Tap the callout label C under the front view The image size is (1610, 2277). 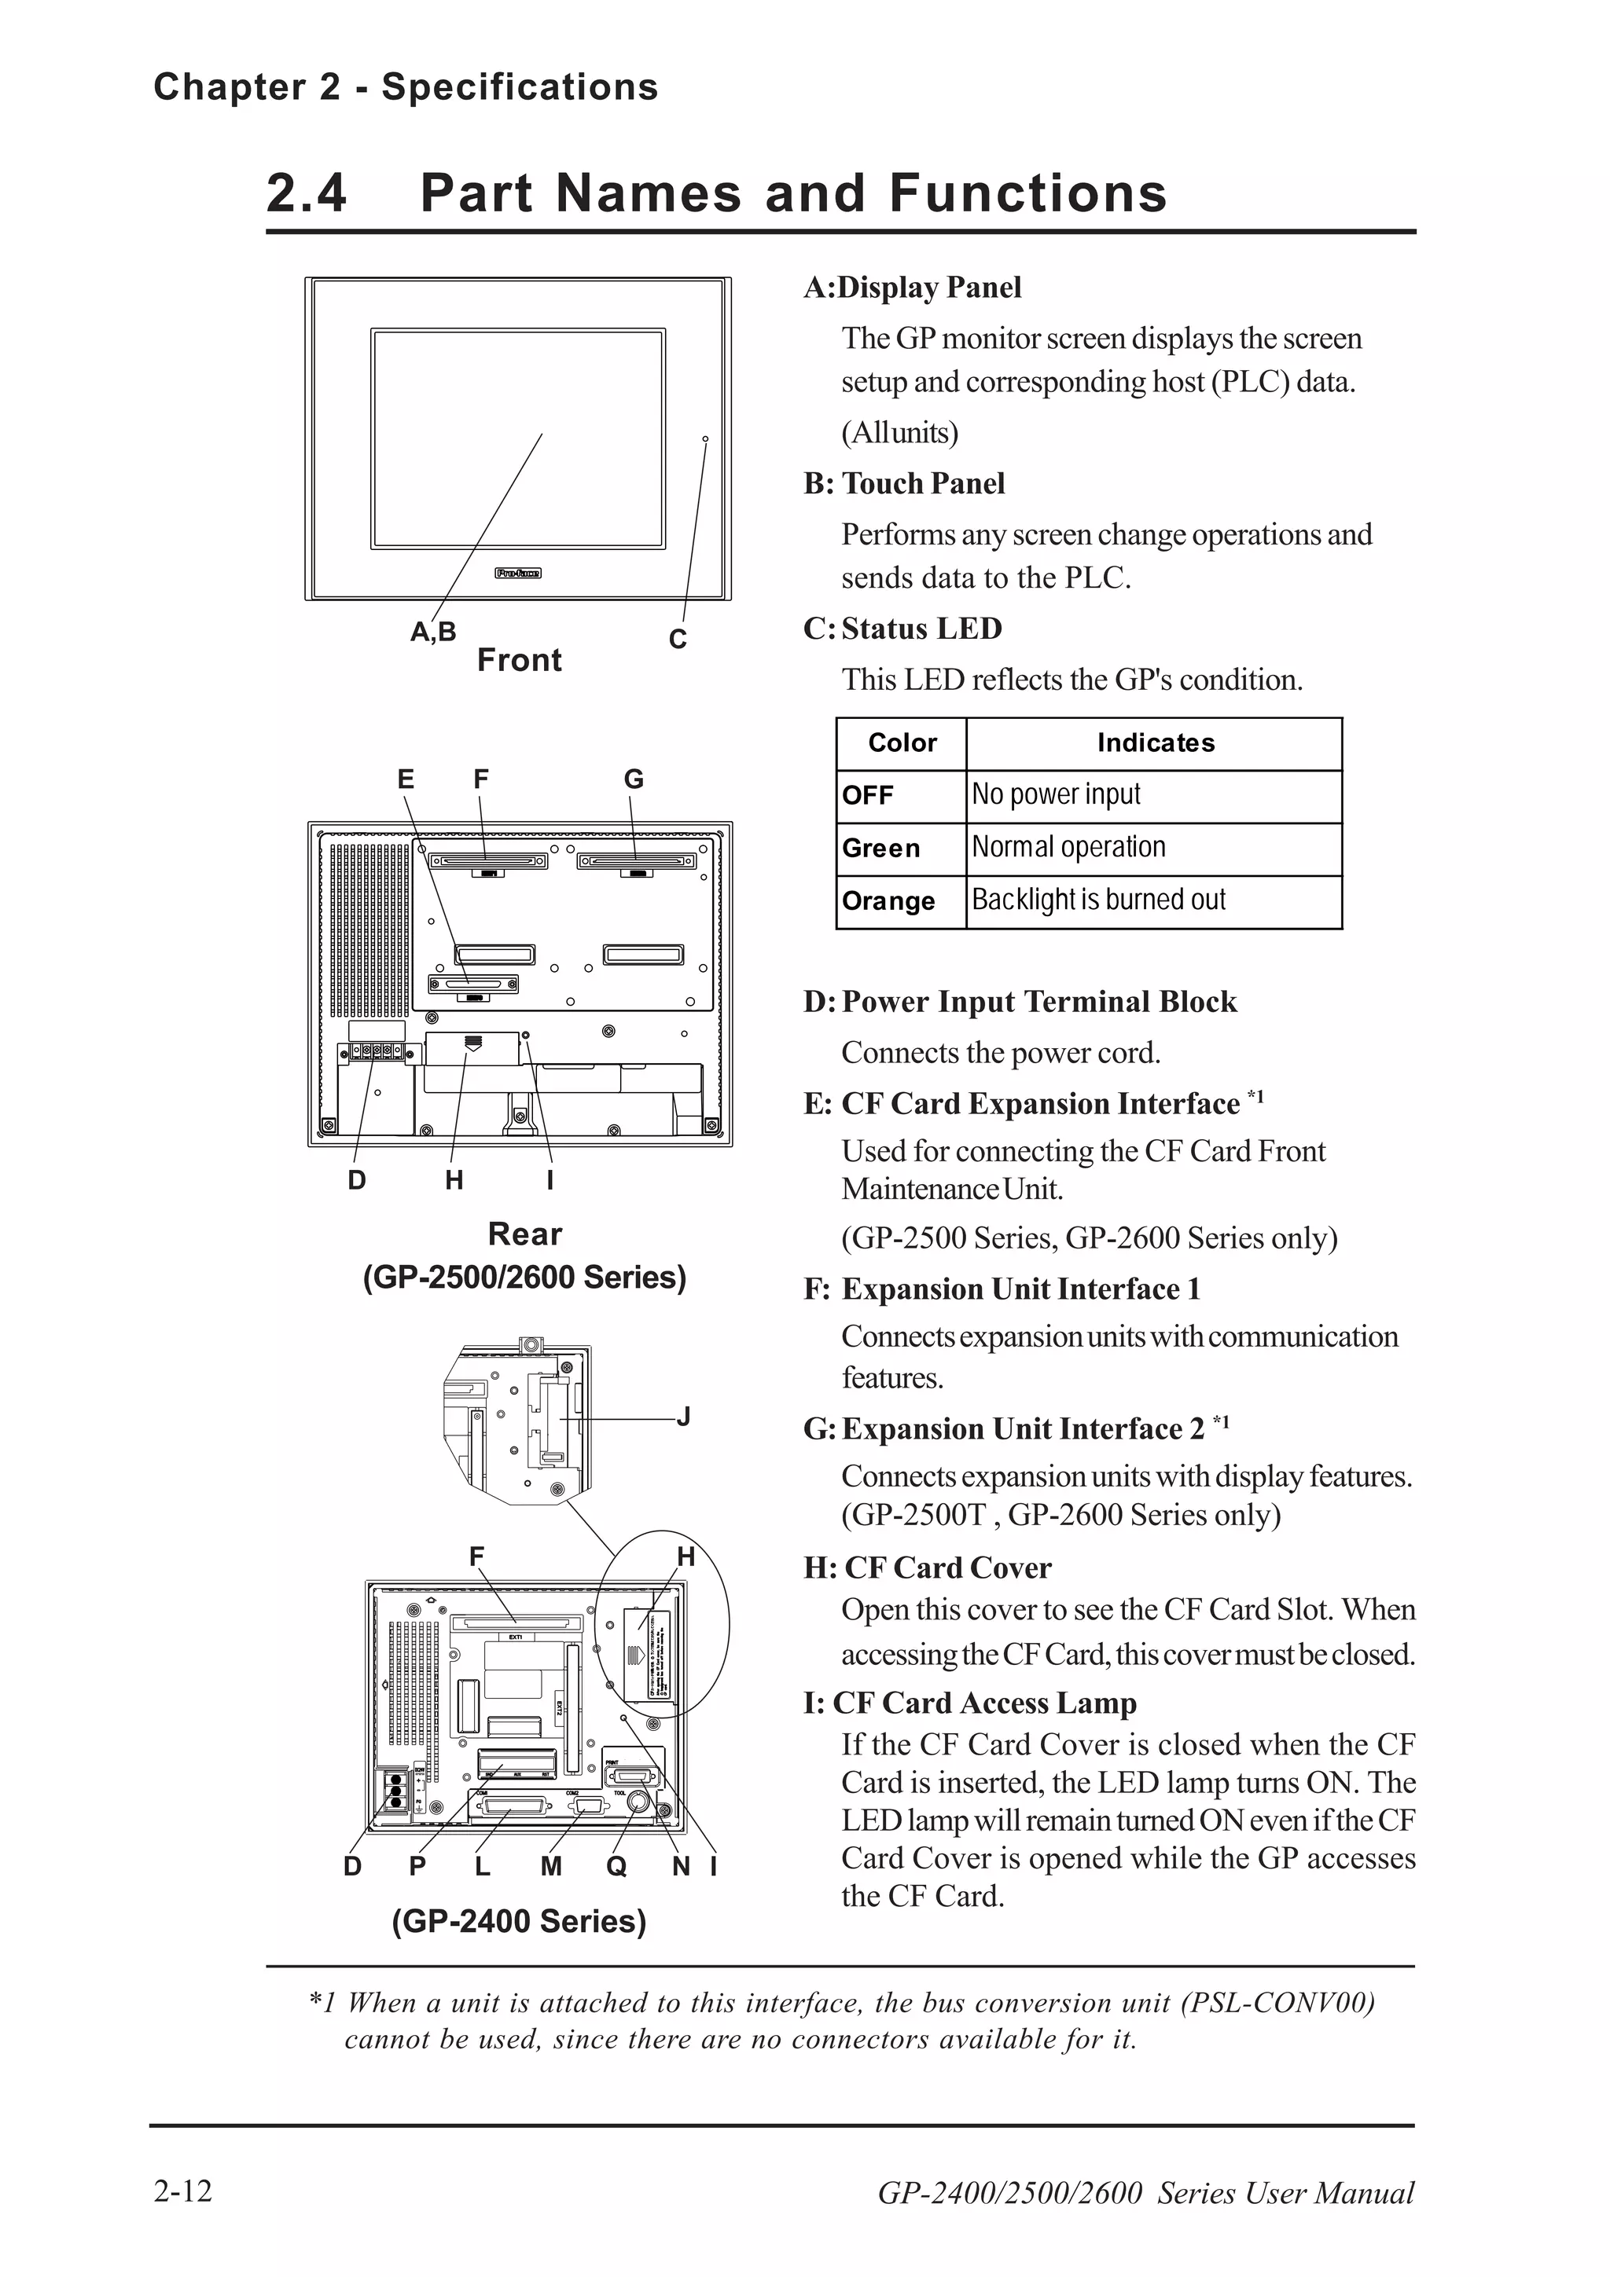pyautogui.click(x=678, y=640)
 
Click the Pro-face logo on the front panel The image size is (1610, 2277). pyautogui.click(x=518, y=574)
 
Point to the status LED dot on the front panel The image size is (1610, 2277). pyautogui.click(x=705, y=438)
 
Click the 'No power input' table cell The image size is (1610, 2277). pyautogui.click(x=1056, y=794)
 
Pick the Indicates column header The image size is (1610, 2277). pyautogui.click(x=1155, y=742)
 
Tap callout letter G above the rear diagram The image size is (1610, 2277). pyautogui.click(x=633, y=779)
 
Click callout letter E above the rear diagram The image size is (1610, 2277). pyautogui.click(x=406, y=779)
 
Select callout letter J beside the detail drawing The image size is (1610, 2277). pyautogui.click(x=683, y=1416)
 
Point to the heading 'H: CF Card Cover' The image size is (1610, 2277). pyautogui.click(x=927, y=1568)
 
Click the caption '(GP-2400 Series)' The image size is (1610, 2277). pyautogui.click(x=519, y=1921)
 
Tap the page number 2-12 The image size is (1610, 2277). pyautogui.click(x=182, y=2191)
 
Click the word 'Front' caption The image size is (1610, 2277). pyautogui.click(x=519, y=661)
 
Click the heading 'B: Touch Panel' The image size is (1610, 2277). pyautogui.click(x=904, y=483)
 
